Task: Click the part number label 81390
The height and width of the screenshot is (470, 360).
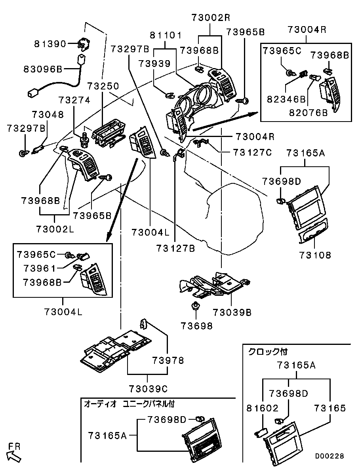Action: pyautogui.click(x=50, y=44)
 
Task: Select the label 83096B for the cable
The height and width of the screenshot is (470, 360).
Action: pyautogui.click(x=43, y=70)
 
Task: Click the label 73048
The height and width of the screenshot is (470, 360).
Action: pyautogui.click(x=48, y=114)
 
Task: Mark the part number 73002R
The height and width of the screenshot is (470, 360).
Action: pyautogui.click(x=211, y=17)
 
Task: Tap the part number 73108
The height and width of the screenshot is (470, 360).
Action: pyautogui.click(x=315, y=255)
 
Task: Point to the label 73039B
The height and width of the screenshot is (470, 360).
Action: pyautogui.click(x=232, y=312)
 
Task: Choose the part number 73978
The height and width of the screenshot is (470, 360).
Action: pyautogui.click(x=168, y=360)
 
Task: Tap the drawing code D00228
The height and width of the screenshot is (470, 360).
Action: pyautogui.click(x=330, y=456)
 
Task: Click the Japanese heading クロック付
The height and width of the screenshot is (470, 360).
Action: pyautogui.click(x=268, y=351)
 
